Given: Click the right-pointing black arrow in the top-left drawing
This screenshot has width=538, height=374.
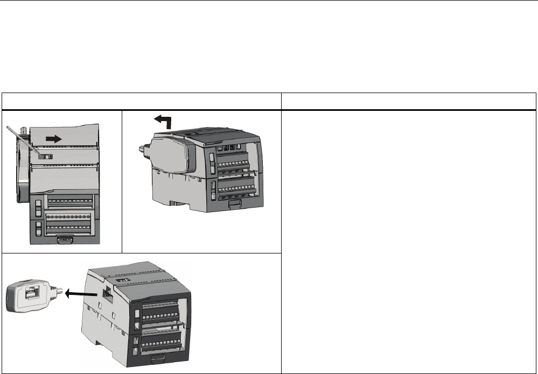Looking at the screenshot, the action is click(x=53, y=138).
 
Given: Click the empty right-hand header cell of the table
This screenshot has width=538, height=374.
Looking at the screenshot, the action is click(x=409, y=101).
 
